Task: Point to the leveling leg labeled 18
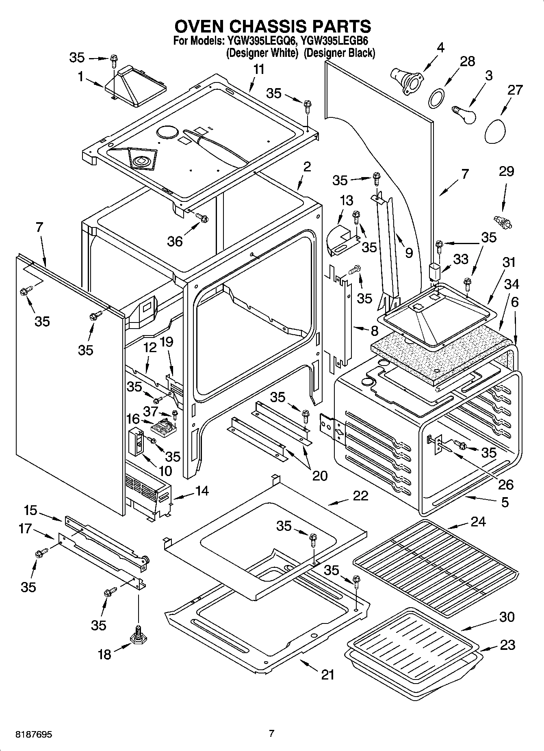(138, 637)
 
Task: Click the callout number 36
(175, 241)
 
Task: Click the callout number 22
(360, 496)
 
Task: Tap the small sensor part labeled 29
(503, 222)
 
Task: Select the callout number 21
(327, 675)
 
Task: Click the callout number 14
(202, 491)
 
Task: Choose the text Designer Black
(339, 53)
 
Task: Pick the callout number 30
(507, 617)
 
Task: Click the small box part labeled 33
(435, 271)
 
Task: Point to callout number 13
(346, 201)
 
